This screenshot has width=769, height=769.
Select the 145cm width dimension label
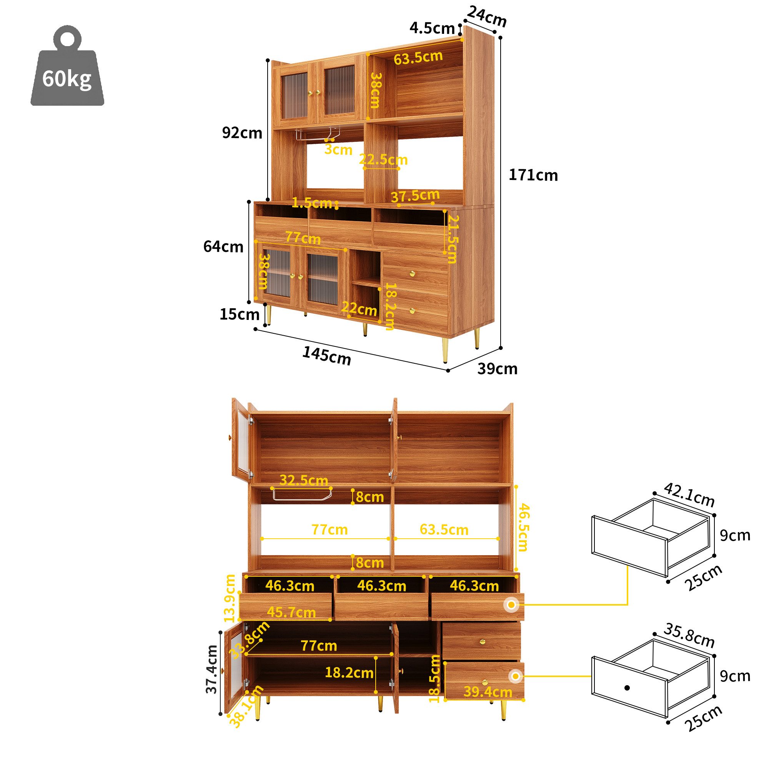(x=327, y=355)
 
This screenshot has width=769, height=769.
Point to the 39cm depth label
(x=497, y=369)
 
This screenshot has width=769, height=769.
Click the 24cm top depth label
(x=486, y=17)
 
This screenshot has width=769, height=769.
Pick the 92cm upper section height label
(x=242, y=133)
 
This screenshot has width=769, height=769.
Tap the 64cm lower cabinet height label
(x=223, y=247)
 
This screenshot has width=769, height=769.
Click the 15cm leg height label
(x=239, y=315)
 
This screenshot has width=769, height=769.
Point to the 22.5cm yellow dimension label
(x=383, y=160)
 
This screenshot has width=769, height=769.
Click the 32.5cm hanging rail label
(x=304, y=480)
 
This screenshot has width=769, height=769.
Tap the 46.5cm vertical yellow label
(x=523, y=528)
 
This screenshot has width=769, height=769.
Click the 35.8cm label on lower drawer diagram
(x=689, y=635)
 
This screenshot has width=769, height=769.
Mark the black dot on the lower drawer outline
(x=627, y=687)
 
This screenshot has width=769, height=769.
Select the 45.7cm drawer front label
(x=291, y=612)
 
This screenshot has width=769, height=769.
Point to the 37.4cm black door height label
(x=212, y=669)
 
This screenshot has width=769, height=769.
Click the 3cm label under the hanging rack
(x=338, y=150)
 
